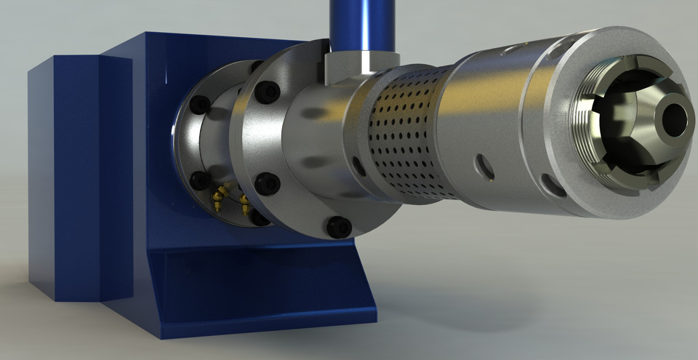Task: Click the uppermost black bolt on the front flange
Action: (x=270, y=93)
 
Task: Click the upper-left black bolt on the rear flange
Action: (x=201, y=105)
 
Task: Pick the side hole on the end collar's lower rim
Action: (x=554, y=185)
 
